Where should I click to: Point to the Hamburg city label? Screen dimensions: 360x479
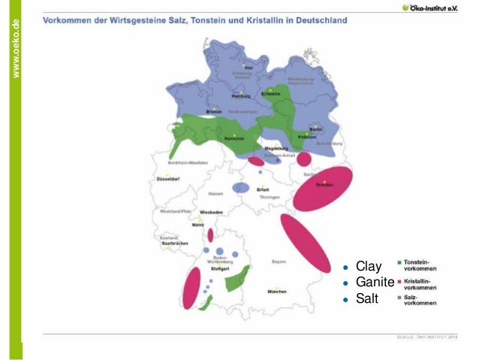(x=241, y=96)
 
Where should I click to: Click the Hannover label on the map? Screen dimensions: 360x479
(x=234, y=139)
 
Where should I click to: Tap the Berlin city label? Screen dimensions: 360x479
(x=315, y=130)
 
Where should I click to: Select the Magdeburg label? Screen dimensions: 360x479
(x=276, y=149)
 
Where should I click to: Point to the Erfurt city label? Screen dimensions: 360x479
(x=262, y=189)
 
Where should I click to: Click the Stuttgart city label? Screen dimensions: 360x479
(x=219, y=268)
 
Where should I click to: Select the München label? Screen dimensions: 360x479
(x=276, y=291)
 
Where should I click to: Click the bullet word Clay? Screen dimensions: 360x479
(x=369, y=266)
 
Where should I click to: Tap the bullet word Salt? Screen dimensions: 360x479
(x=367, y=298)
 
